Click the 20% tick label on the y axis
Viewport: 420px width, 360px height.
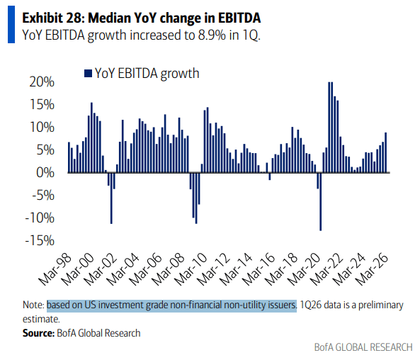42,81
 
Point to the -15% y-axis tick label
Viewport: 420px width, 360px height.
40,240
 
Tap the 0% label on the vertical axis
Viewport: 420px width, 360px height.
45,172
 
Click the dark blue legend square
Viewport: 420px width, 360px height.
88,73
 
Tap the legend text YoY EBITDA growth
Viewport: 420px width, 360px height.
147,74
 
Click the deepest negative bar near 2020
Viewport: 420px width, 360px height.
321,201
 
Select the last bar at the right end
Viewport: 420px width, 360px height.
386,152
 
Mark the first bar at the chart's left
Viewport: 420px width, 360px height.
69,157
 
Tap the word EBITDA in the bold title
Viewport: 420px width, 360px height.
239,18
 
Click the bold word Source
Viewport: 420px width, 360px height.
38,333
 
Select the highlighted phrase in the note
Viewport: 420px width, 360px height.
171,305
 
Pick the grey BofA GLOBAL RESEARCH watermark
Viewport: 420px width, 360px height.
363,347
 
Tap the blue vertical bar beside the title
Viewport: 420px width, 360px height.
11,24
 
